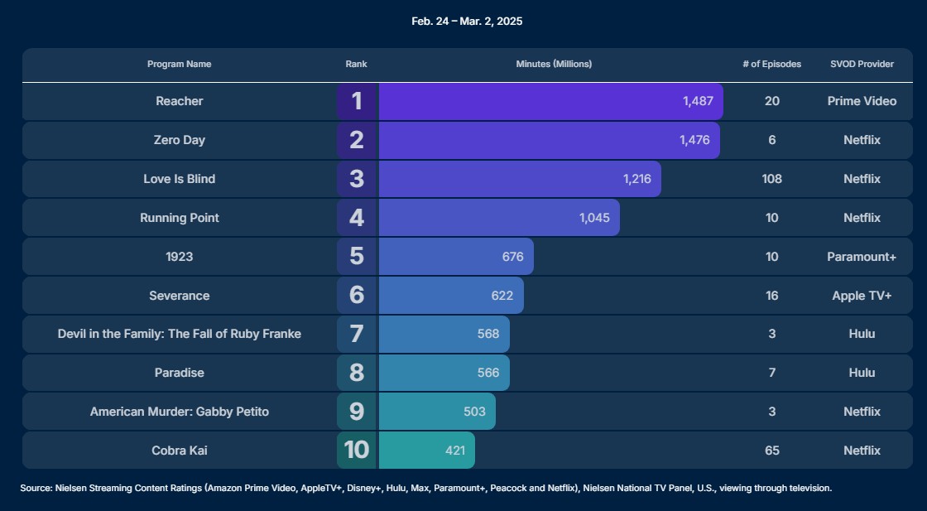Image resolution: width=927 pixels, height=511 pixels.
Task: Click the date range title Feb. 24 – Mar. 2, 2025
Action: tap(467, 22)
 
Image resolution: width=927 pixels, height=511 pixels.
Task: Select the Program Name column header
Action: tap(179, 64)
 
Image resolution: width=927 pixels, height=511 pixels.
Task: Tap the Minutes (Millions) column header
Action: tap(554, 64)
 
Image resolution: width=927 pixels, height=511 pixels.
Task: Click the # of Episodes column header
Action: tap(772, 64)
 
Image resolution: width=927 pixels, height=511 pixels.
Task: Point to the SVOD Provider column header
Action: tap(862, 64)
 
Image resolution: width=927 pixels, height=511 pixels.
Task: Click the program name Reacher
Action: tap(179, 101)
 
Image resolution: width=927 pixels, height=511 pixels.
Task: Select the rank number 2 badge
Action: tap(357, 140)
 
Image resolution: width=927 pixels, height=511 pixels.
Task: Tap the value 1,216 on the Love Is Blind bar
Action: tap(637, 179)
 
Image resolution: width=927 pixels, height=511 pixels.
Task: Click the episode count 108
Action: tap(772, 179)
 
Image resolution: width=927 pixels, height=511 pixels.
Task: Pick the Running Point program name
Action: tap(179, 218)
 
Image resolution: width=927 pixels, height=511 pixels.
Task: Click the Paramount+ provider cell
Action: tap(862, 257)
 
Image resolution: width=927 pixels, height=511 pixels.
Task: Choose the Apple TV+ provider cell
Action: tap(862, 296)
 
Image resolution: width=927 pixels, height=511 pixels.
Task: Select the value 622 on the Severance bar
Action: tap(502, 296)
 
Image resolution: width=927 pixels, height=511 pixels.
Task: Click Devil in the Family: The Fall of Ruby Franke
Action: tap(179, 334)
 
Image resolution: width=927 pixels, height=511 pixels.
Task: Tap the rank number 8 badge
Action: tap(357, 373)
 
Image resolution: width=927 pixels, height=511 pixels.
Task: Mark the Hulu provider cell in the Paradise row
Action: tap(862, 373)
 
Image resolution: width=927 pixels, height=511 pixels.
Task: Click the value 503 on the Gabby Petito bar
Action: tap(475, 412)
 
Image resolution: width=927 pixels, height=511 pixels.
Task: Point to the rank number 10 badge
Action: tap(357, 450)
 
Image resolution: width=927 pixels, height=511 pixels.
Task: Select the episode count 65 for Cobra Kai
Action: tap(772, 451)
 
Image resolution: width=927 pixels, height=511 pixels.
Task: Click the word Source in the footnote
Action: tap(36, 489)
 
